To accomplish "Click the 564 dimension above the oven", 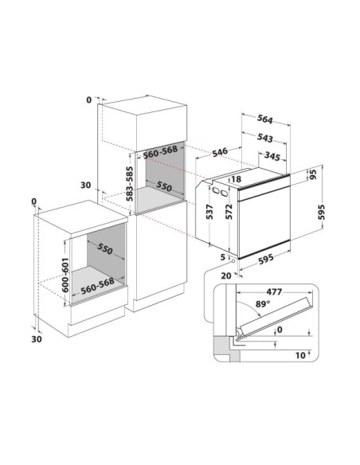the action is (264, 119).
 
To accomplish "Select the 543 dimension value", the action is (264, 138).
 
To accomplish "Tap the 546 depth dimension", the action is (220, 152).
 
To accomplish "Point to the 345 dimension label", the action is (272, 156).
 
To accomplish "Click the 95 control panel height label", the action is (313, 174).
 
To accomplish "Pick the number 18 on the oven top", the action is (236, 179).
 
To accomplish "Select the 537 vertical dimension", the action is (209, 212).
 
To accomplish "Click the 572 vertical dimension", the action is (229, 212).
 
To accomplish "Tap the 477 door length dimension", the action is (274, 291).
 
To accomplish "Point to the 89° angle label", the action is (263, 303).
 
